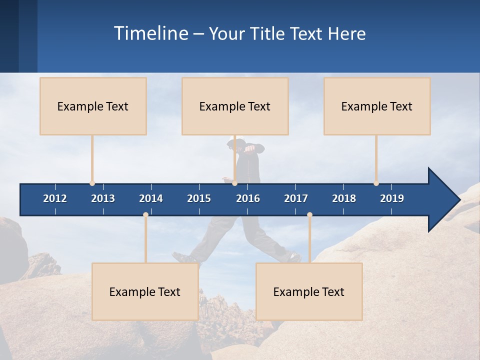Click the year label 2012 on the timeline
coord(55,198)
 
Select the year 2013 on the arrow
coord(103,198)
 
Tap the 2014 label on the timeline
coord(151,198)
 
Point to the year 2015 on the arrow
coord(199,198)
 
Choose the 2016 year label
coord(248,198)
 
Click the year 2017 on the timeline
coord(296,198)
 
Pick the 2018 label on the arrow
coord(344,198)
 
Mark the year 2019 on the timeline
coord(392,198)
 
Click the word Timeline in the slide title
coord(150,33)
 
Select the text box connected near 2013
coord(93,106)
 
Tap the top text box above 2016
coord(235,106)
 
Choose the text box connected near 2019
coord(377,106)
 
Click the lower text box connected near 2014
coord(145,291)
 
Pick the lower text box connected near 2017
coord(309,291)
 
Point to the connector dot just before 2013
coord(92,183)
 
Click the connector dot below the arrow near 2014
coord(145,215)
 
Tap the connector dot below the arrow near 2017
coord(309,215)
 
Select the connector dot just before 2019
coord(376,183)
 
